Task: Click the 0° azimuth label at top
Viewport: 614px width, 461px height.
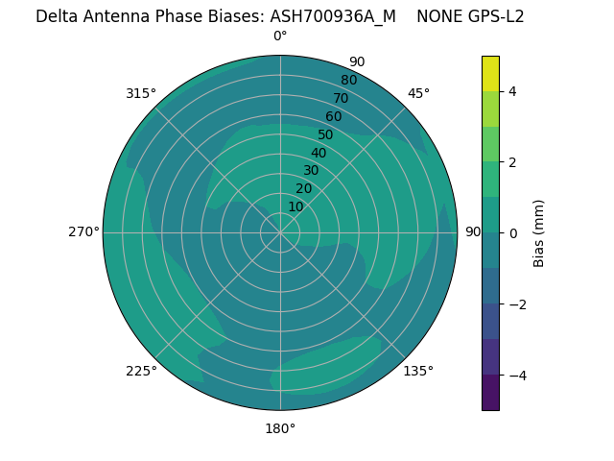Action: [280, 36]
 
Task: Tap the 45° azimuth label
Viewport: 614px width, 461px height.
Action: [418, 93]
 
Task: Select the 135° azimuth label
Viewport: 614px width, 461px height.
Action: [418, 371]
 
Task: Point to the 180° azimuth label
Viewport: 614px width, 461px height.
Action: [280, 428]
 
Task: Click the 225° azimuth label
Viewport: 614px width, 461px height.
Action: [141, 371]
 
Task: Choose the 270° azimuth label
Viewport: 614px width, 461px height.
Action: [83, 231]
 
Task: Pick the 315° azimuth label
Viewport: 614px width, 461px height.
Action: [141, 93]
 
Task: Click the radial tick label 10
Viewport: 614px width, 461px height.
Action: [295, 206]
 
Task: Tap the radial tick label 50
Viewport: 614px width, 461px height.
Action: [325, 135]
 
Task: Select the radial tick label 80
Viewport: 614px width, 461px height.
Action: [348, 81]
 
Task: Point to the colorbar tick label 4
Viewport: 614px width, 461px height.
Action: [512, 91]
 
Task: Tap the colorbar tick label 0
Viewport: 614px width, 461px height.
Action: [512, 233]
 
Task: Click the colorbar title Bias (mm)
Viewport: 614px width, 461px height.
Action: [539, 233]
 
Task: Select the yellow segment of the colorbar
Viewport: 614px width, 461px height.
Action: [490, 73]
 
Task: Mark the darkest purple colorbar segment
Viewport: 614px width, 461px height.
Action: [490, 393]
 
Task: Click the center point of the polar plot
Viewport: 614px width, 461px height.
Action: [280, 232]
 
